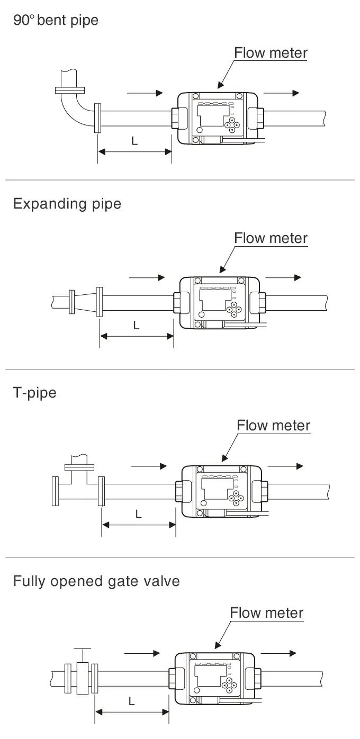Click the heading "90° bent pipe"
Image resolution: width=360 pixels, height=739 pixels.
pyautogui.click(x=56, y=21)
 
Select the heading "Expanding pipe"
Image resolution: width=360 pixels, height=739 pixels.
pyautogui.click(x=67, y=204)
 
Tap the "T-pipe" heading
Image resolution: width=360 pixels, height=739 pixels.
pyautogui.click(x=34, y=393)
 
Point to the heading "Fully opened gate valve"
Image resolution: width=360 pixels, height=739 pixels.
pyautogui.click(x=96, y=581)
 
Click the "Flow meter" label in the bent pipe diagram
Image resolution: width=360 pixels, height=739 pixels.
pyautogui.click(x=271, y=53)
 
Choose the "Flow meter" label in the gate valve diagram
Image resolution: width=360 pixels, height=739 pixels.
pyautogui.click(x=266, y=613)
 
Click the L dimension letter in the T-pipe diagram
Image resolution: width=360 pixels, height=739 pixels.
pyautogui.click(x=139, y=513)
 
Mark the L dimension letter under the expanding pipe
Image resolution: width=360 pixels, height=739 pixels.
pyautogui.click(x=136, y=325)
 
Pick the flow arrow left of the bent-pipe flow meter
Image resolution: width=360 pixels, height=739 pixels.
pyautogui.click(x=145, y=93)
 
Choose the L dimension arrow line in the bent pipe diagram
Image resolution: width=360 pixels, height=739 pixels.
pyautogui.click(x=134, y=152)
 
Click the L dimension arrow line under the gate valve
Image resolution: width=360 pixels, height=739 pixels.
pyautogui.click(x=132, y=712)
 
